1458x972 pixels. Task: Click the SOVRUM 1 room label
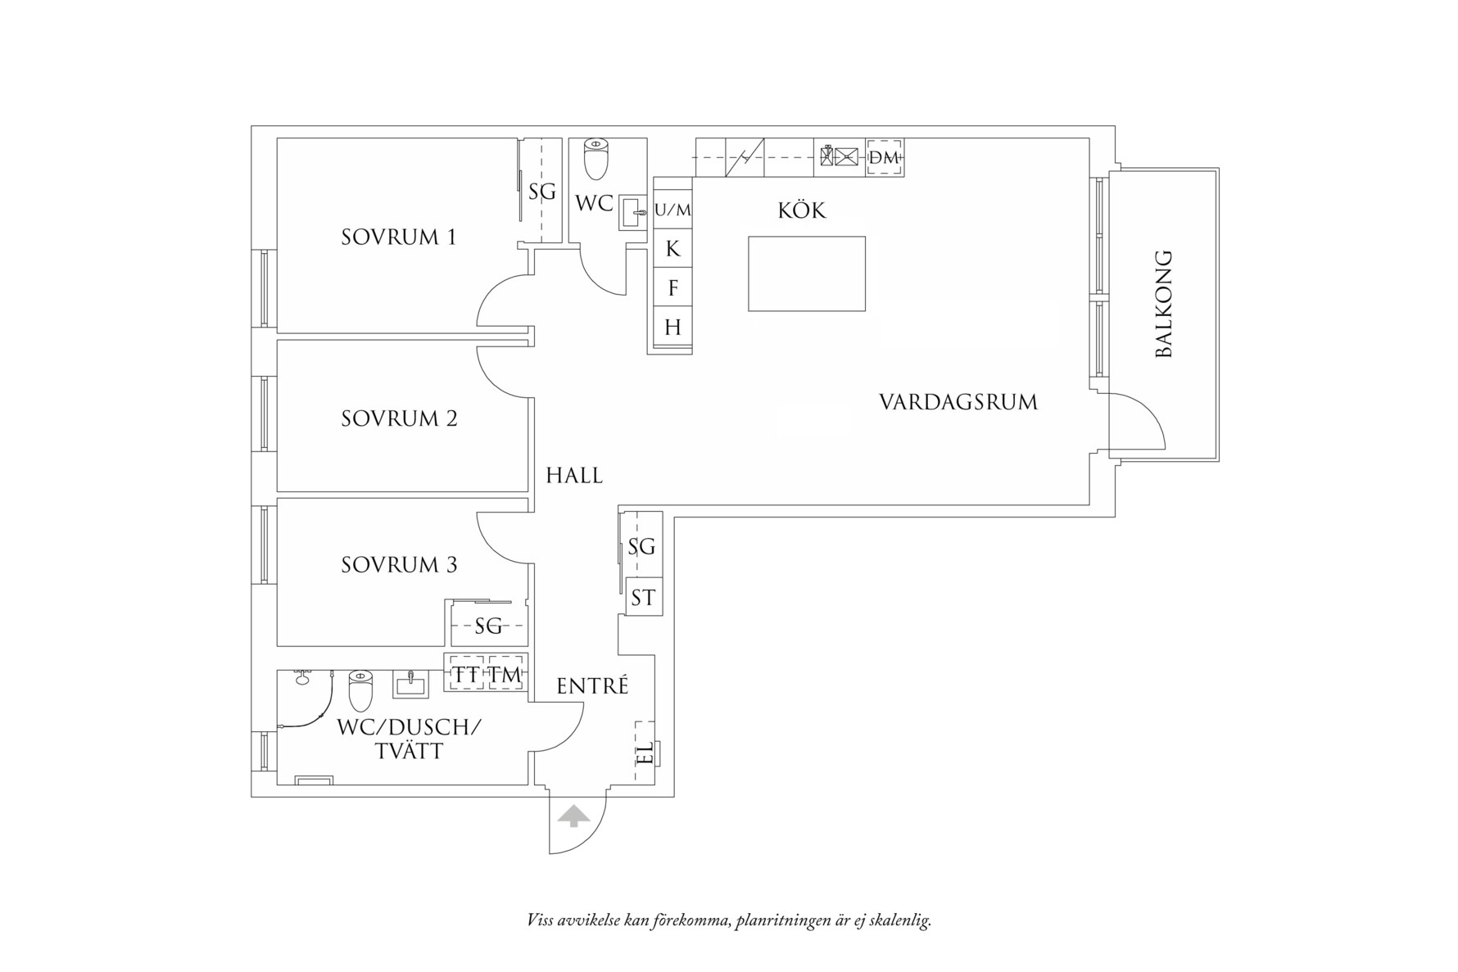(398, 237)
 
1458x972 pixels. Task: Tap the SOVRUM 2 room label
(399, 418)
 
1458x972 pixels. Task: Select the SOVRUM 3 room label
(399, 564)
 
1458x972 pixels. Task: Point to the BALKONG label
(1163, 305)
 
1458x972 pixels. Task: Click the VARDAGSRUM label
(958, 402)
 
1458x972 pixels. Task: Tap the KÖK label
(802, 210)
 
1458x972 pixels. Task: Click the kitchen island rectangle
(807, 274)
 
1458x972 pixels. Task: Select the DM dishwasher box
(885, 158)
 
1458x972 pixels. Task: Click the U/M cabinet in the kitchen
(672, 210)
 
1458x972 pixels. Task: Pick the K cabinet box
(672, 248)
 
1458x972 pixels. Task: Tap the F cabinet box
(672, 287)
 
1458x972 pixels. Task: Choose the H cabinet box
(672, 328)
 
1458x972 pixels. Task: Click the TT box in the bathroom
(467, 674)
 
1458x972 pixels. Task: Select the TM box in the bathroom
(505, 674)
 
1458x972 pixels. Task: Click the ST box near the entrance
(643, 598)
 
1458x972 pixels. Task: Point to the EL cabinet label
(645, 752)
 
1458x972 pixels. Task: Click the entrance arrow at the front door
(573, 816)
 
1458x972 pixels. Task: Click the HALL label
(574, 475)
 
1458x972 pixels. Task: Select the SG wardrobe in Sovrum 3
(489, 626)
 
